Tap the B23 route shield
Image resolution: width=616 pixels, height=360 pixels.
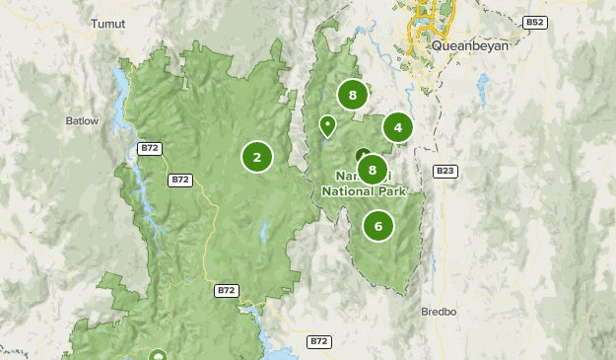(x=446, y=171)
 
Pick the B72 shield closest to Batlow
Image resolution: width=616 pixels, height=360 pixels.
(x=150, y=148)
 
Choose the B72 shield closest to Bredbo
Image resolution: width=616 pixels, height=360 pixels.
(x=318, y=341)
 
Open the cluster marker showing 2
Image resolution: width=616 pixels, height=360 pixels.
(x=256, y=156)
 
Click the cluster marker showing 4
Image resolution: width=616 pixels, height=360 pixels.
(x=397, y=126)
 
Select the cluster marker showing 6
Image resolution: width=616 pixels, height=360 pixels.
(x=377, y=225)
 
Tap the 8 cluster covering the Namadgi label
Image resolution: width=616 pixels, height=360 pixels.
(x=371, y=170)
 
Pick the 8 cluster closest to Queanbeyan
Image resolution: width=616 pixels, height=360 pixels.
(x=352, y=95)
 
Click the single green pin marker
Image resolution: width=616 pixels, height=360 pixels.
(x=327, y=125)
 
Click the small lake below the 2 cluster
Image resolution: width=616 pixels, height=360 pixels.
(x=264, y=234)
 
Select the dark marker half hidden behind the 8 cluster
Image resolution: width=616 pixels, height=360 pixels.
(x=361, y=155)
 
